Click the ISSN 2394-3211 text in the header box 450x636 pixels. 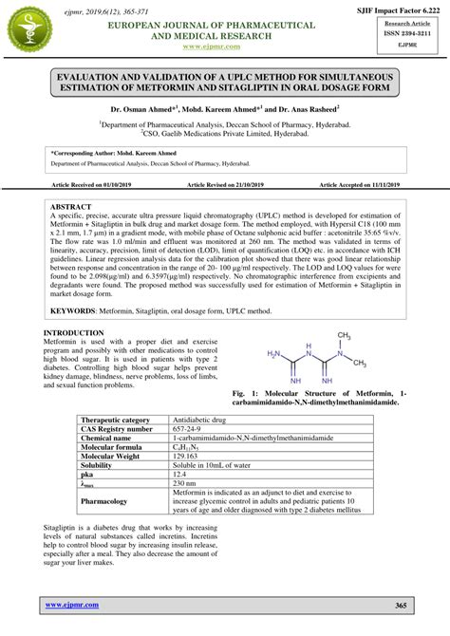pos(405,31)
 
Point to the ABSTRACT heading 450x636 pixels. pos(71,206)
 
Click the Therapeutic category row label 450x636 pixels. pos(116,419)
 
